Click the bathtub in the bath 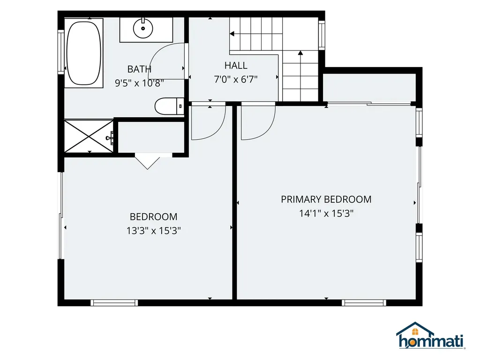tap(83, 53)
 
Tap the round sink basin tap(143, 28)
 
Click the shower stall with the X tap(89, 136)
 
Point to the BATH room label tap(139, 69)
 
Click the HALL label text tap(236, 66)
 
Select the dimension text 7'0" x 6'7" tap(236, 80)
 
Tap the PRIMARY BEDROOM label tap(326, 199)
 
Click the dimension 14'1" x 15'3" tap(326, 213)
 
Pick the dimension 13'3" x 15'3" tap(154, 231)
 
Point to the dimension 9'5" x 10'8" tap(139, 83)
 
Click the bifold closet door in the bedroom tap(148, 162)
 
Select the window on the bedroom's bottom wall tap(114, 303)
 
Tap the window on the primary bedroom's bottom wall tap(364, 303)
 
